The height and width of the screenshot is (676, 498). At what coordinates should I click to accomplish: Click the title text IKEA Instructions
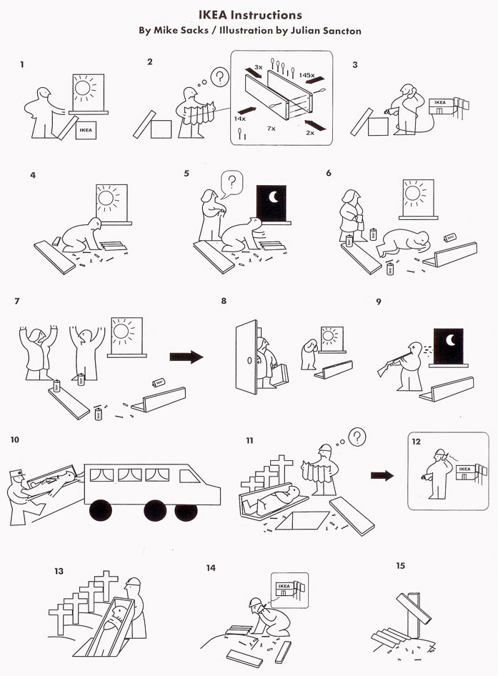pos(249,15)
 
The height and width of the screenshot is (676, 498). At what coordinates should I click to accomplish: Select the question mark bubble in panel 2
pos(221,76)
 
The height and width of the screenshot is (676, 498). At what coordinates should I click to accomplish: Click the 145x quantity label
pos(307,74)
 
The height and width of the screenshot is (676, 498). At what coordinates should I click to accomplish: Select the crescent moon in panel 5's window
pos(272,198)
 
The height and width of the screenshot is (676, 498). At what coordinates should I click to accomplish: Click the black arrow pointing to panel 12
pos(382,475)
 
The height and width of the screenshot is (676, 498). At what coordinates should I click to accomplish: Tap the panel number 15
pos(400,566)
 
